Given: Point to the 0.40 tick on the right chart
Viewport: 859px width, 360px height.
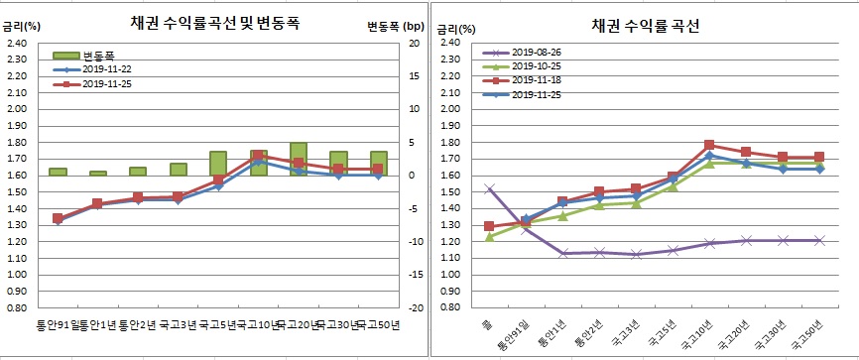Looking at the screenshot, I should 449,307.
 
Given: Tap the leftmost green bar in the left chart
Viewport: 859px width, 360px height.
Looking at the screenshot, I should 58,172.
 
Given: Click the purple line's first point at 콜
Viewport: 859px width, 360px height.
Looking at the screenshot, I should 488,188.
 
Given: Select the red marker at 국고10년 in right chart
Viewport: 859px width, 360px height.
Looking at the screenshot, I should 708,145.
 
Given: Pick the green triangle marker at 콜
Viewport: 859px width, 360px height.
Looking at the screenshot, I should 488,236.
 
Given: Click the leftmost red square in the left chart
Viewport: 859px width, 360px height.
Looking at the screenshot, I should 58,218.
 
